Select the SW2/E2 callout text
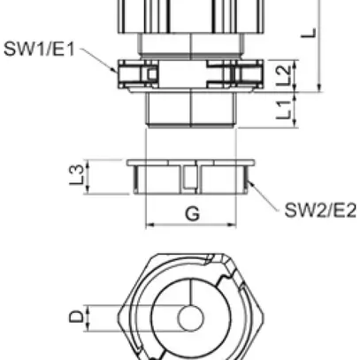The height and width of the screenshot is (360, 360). [x=319, y=210]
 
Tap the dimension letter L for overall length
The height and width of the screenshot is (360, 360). [x=309, y=33]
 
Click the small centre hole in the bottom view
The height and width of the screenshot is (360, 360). [x=189, y=318]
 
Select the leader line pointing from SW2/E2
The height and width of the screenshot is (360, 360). [x=266, y=196]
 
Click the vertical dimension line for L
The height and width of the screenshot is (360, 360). [x=319, y=44]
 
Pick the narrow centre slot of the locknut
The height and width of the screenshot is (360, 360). [x=189, y=180]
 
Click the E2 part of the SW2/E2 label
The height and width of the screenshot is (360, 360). [x=341, y=210]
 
